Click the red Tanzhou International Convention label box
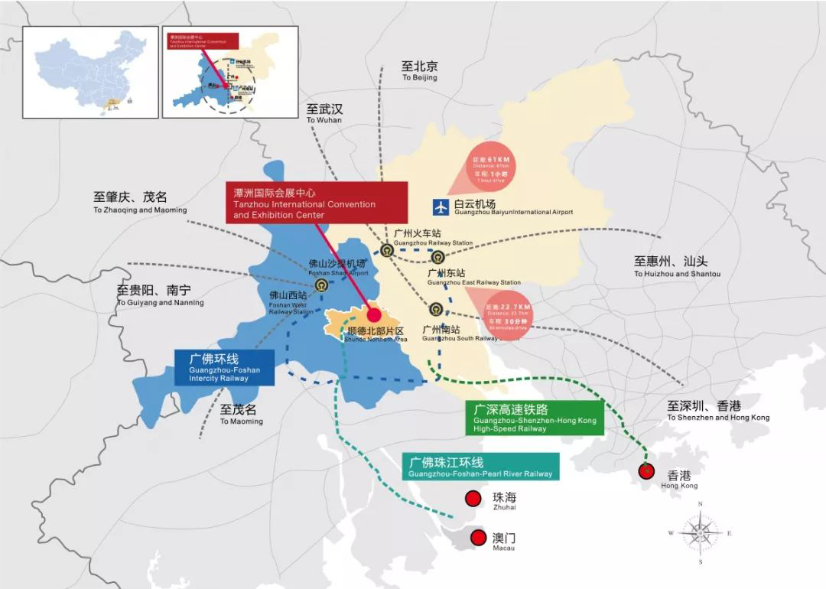coord(316,203)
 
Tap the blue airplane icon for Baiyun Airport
coord(441,207)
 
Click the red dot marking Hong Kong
coord(646,472)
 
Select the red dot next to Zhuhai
coord(473,499)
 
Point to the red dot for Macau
coord(479,538)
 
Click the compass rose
coord(700,533)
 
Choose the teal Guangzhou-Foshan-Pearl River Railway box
coord(480,467)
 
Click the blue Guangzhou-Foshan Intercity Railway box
coord(223,367)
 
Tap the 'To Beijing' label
coord(420,71)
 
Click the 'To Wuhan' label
coord(324,114)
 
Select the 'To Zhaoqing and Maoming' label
coord(140,203)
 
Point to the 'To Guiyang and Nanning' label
coord(160,296)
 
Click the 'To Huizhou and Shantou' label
coord(677,266)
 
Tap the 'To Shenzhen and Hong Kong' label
coord(717,411)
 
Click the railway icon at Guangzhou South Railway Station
coord(435,310)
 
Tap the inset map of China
coord(89,73)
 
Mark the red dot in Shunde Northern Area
coord(374,314)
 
